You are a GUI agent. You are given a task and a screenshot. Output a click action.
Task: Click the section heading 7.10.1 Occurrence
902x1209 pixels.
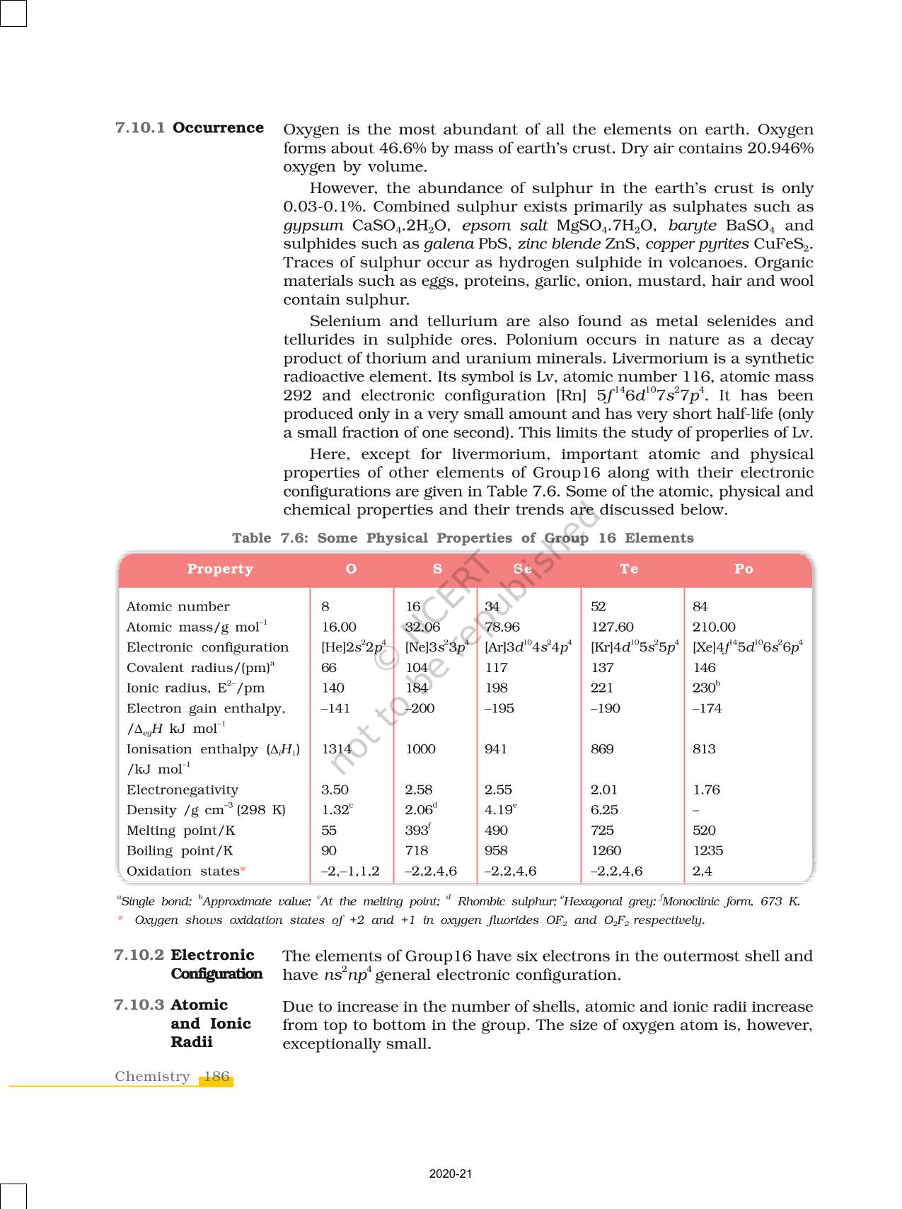(190, 128)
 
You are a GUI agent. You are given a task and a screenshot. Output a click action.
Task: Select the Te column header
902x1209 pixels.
(629, 569)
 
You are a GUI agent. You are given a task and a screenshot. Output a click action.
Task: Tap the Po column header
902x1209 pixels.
(744, 569)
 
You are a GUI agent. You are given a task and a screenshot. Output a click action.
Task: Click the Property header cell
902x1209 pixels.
(220, 569)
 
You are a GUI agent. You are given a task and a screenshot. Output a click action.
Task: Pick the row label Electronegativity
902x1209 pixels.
(183, 789)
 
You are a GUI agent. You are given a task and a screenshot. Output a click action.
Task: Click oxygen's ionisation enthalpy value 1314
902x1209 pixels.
(337, 749)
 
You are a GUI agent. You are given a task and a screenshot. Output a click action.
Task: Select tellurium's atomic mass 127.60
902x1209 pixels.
(612, 627)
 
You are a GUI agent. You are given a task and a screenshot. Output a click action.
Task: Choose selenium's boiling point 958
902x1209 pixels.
(496, 851)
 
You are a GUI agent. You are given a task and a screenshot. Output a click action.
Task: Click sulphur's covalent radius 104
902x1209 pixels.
(417, 668)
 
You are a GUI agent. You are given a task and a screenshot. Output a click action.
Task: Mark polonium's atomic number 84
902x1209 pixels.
(700, 606)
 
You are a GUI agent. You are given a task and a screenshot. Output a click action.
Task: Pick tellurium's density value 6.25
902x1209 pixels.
(604, 810)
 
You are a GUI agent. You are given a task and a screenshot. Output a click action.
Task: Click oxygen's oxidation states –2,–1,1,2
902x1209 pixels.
(350, 872)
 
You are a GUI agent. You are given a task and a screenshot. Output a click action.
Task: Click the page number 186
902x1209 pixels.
(216, 1077)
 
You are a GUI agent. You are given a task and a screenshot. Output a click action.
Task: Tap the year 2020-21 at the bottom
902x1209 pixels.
(451, 1174)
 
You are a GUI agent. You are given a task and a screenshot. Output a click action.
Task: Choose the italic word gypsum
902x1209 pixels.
(313, 226)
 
